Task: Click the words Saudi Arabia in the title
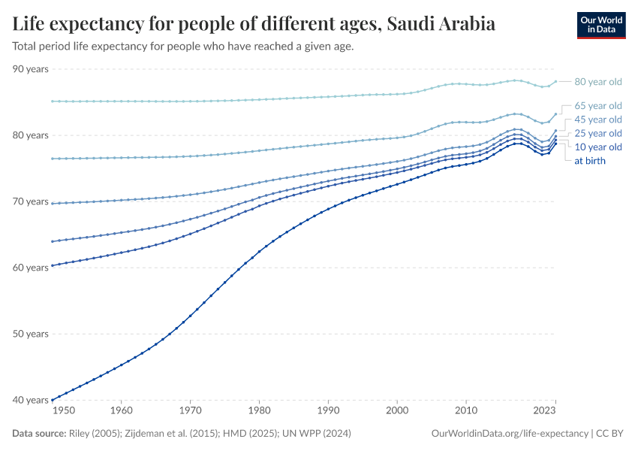click(x=441, y=24)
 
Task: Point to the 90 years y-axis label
click(x=31, y=69)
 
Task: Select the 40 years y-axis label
click(x=31, y=400)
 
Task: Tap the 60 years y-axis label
click(x=31, y=268)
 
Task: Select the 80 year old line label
click(x=598, y=82)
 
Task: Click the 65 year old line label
click(x=598, y=105)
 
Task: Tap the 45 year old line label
click(x=598, y=120)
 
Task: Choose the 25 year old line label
click(x=598, y=133)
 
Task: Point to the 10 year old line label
click(x=598, y=147)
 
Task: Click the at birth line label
click(x=590, y=160)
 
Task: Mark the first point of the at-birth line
click(x=51, y=399)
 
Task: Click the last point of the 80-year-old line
click(x=555, y=81)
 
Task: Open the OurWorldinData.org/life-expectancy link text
click(x=510, y=434)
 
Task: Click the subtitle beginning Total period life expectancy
click(x=183, y=47)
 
